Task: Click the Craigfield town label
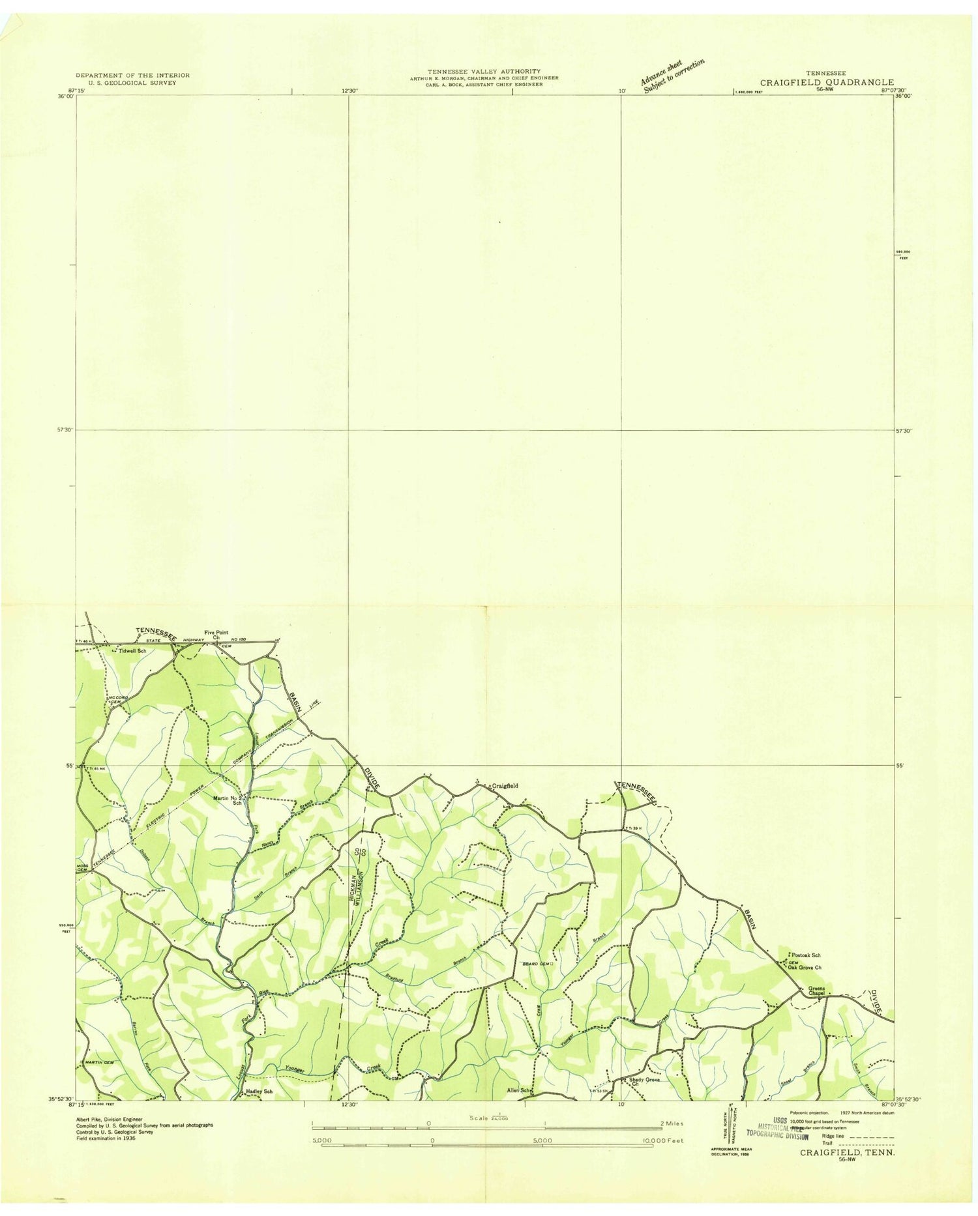click(505, 786)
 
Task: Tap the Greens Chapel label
click(816, 991)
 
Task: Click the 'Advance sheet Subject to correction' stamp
click(672, 76)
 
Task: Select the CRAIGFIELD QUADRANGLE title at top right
click(827, 83)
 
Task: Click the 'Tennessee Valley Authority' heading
click(483, 71)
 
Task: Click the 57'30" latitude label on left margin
click(65, 429)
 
